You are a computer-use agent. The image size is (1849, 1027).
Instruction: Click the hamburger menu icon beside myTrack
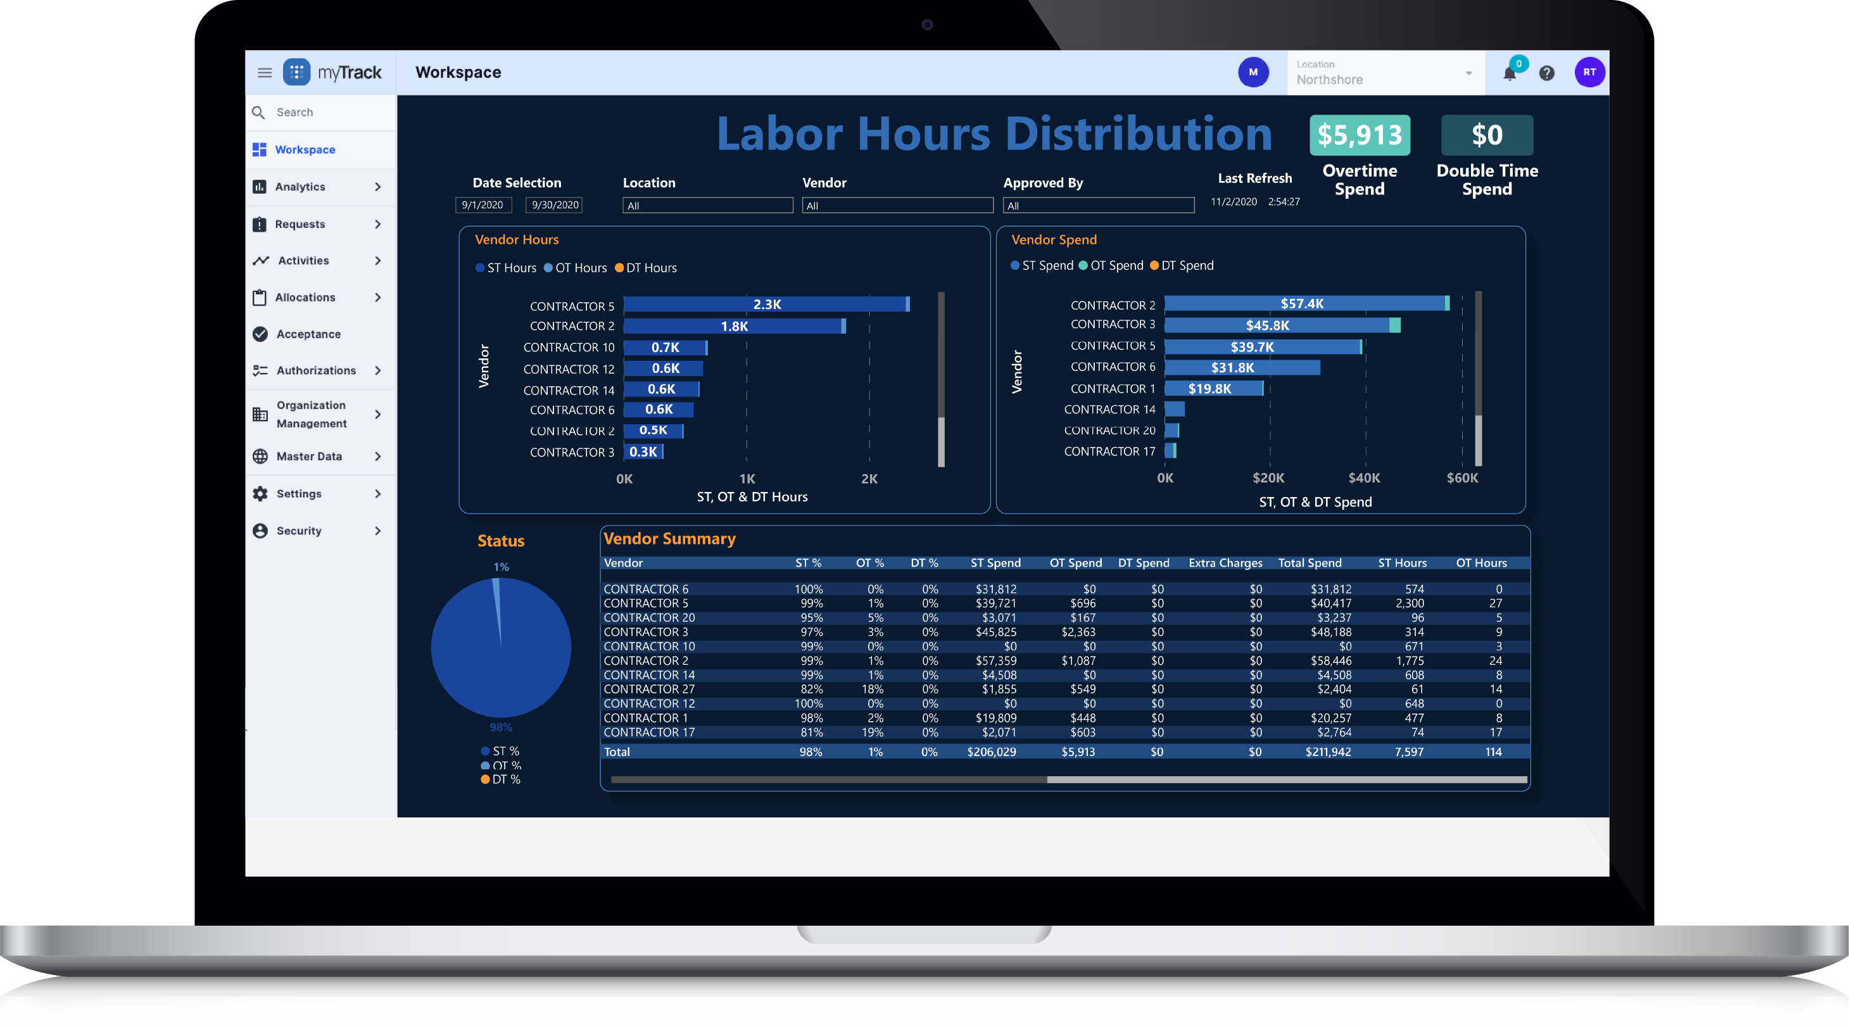click(264, 72)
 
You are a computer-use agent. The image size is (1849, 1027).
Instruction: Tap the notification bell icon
click(1510, 73)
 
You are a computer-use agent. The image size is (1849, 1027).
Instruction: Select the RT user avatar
click(1589, 72)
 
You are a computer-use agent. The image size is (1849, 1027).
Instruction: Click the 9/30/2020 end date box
click(554, 205)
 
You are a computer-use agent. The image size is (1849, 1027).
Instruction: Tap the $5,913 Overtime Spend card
click(1360, 135)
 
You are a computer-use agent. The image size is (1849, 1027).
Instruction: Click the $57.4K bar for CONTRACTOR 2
click(1303, 303)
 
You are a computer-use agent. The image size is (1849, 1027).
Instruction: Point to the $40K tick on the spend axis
click(1364, 479)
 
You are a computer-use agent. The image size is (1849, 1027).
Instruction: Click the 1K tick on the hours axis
click(747, 479)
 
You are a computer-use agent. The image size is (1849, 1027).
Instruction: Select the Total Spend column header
click(1309, 564)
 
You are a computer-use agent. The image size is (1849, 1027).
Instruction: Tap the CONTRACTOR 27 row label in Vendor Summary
click(649, 689)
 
